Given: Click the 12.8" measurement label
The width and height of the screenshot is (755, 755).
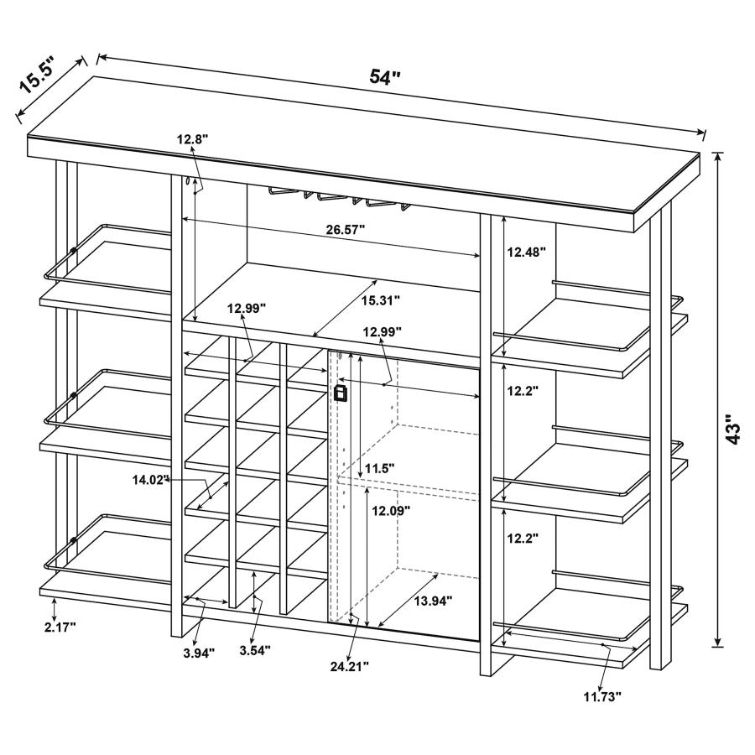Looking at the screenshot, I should click(x=191, y=139).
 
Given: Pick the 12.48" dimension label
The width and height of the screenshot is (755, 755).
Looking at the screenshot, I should click(x=527, y=251).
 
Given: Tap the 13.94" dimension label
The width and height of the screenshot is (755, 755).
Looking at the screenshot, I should click(x=432, y=600).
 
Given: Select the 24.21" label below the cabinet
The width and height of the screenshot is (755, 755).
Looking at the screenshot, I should click(x=348, y=666).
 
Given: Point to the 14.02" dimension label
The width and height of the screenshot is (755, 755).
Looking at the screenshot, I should click(x=151, y=480).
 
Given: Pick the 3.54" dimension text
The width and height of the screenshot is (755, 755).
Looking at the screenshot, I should click(x=254, y=650).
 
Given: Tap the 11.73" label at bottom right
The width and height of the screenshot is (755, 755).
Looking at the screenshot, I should click(x=602, y=696).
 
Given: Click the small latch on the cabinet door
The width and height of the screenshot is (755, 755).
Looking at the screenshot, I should click(x=340, y=393).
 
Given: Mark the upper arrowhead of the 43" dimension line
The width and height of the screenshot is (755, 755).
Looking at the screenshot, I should click(x=718, y=158).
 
